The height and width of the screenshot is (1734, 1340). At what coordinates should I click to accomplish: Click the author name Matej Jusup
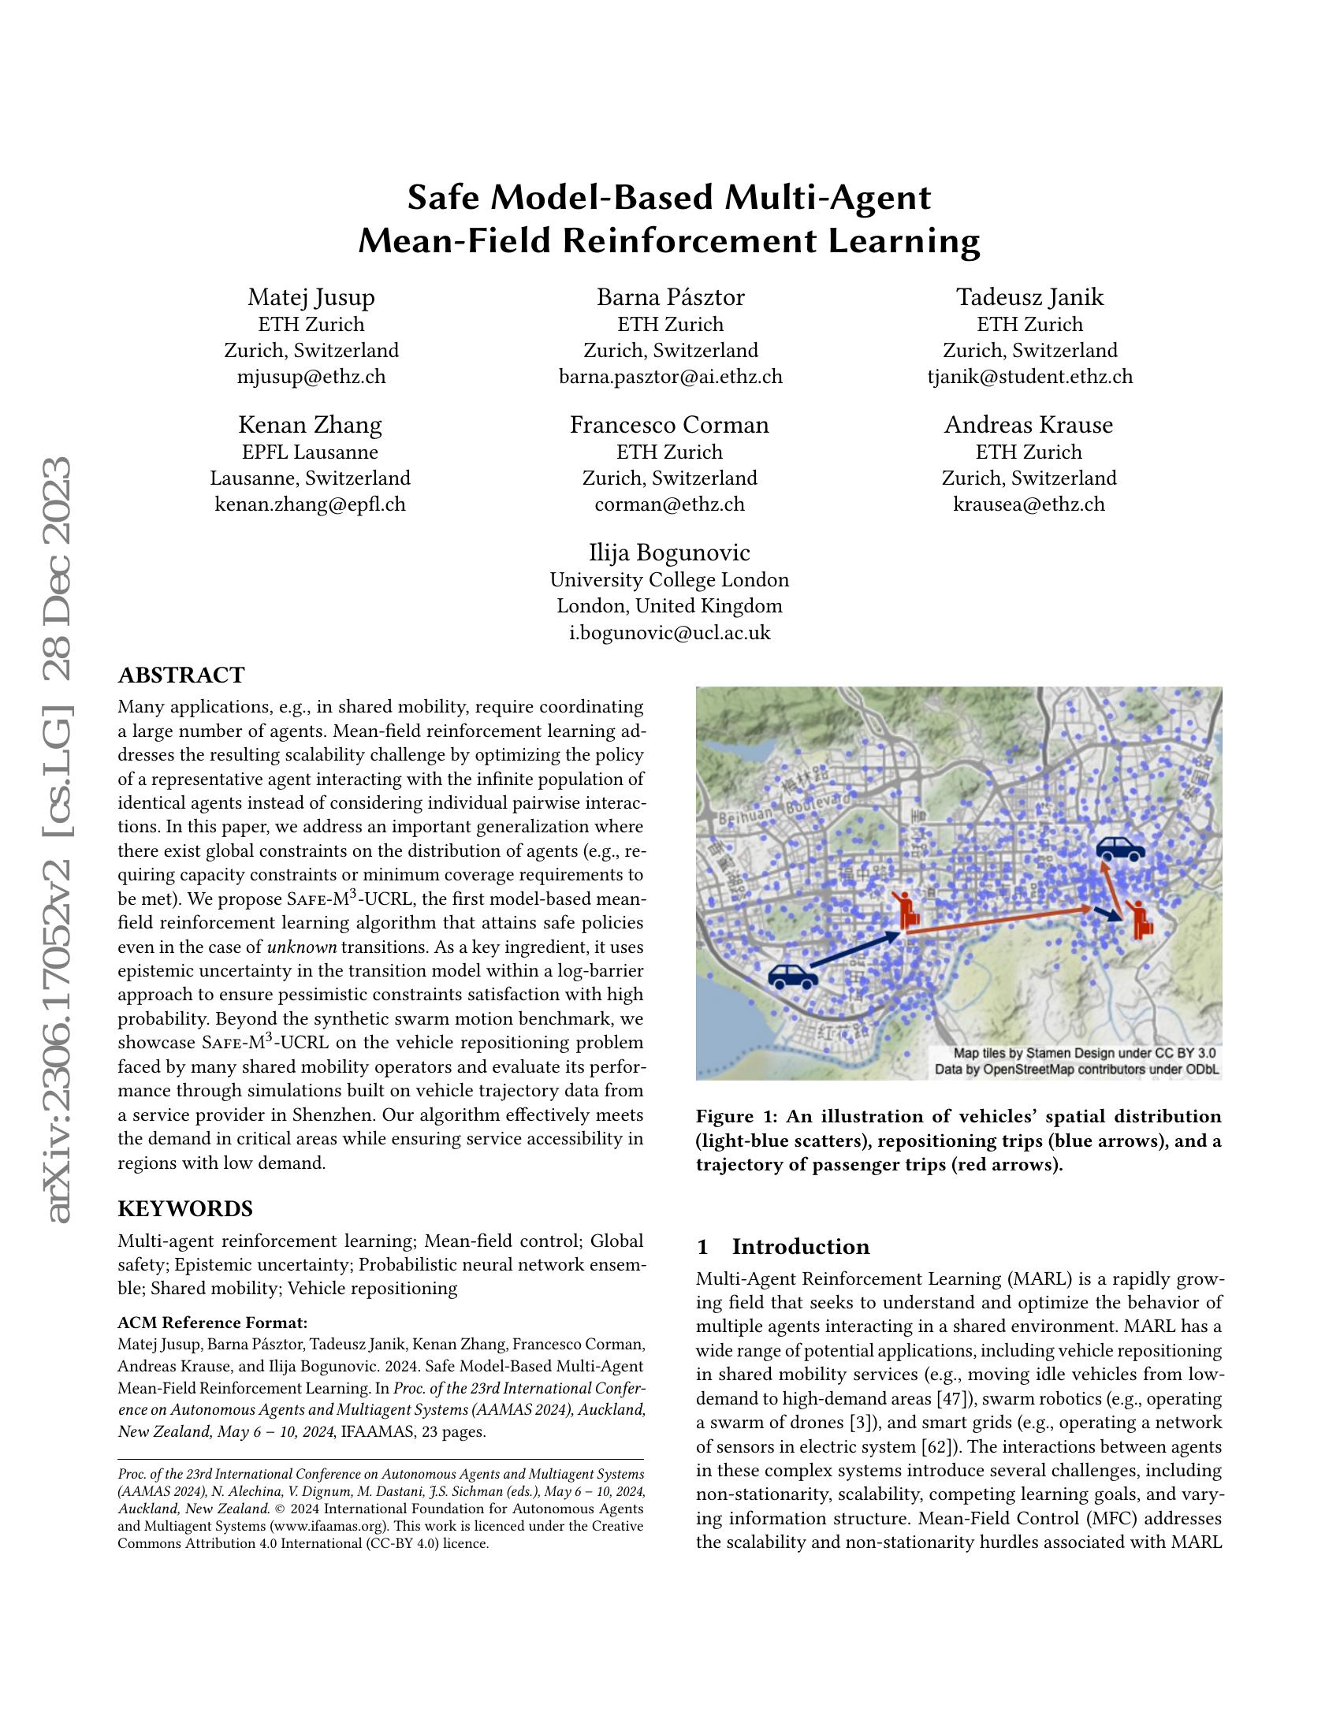tap(311, 297)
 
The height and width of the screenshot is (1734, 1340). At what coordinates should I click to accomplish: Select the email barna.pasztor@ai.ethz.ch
tap(670, 376)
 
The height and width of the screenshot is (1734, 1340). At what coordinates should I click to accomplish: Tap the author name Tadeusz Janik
tap(1029, 297)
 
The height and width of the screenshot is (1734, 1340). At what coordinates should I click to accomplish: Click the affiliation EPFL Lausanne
tap(310, 452)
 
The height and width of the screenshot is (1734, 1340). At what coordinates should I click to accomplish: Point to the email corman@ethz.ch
tap(669, 504)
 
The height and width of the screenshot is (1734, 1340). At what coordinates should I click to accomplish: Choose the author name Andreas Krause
tap(1028, 425)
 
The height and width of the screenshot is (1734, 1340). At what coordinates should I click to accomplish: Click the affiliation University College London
tap(669, 579)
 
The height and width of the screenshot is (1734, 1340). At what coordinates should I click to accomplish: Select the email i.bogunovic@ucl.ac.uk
tap(669, 632)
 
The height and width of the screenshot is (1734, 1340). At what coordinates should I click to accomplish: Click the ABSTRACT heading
tap(181, 675)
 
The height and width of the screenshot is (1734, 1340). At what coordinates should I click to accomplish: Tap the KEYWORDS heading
tap(185, 1208)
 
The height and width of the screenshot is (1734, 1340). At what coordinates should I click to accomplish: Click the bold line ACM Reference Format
tap(212, 1323)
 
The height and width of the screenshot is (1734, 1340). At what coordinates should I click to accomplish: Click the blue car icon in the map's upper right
tap(1120, 849)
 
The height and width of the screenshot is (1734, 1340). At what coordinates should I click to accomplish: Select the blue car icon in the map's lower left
tap(792, 976)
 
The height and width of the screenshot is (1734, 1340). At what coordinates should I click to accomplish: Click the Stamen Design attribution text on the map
tap(1084, 1053)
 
